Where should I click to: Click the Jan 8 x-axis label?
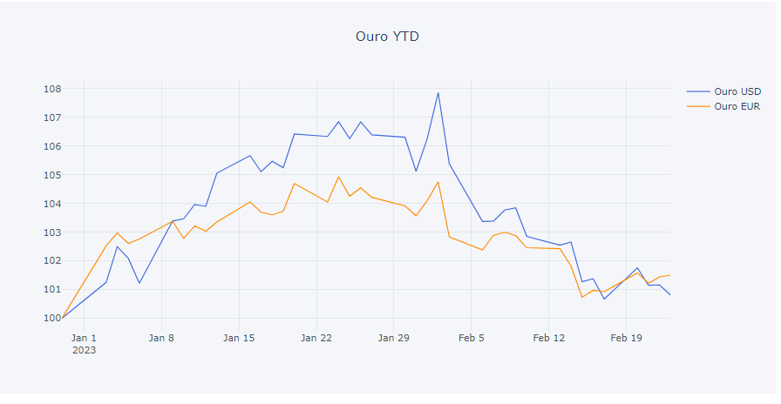click(x=161, y=337)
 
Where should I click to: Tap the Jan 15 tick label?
click(x=239, y=337)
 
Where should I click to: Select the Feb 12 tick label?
click(x=548, y=337)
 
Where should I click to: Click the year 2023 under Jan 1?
click(x=84, y=350)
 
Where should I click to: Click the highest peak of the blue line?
click(x=438, y=92)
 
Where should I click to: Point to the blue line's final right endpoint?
click(x=670, y=295)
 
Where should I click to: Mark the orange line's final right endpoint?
click(x=670, y=275)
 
